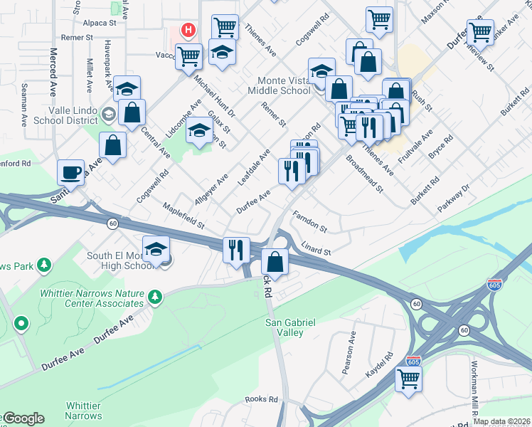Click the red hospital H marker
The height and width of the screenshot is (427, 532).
click(x=188, y=30)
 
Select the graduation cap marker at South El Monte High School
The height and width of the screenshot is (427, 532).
click(x=156, y=250)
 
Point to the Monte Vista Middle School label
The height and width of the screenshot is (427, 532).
click(x=279, y=86)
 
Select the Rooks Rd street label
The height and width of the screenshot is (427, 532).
click(x=261, y=400)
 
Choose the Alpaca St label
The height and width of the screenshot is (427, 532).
click(x=99, y=23)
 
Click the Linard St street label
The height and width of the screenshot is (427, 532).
click(x=317, y=249)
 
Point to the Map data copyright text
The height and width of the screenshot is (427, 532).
click(x=501, y=421)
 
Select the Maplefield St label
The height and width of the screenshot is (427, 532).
click(x=183, y=216)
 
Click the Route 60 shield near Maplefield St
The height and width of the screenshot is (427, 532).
click(x=112, y=223)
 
